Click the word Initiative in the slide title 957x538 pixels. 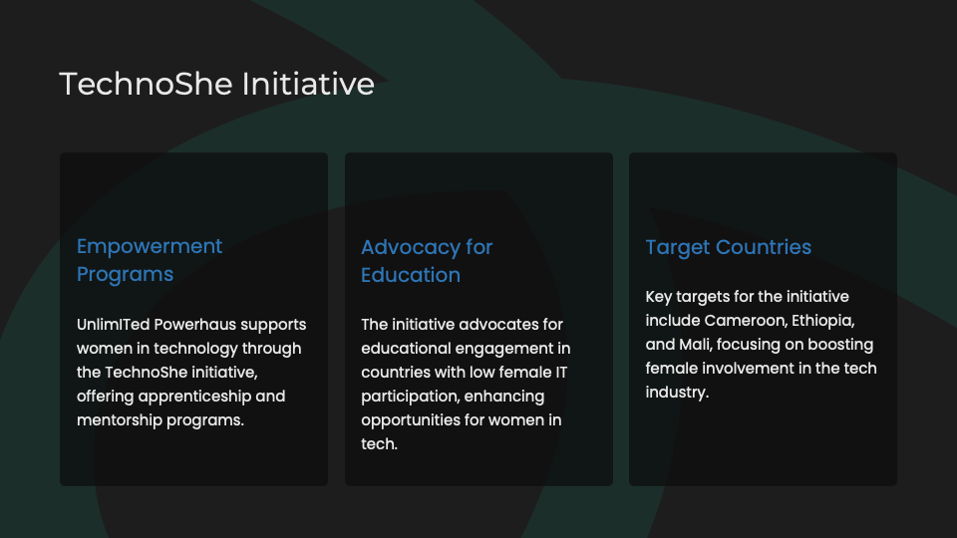click(x=308, y=84)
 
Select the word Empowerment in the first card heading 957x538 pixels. click(x=150, y=247)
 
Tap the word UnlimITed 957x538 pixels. click(x=113, y=325)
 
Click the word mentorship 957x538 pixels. click(x=119, y=420)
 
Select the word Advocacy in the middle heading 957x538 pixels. click(x=411, y=248)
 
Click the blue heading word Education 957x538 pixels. click(x=411, y=275)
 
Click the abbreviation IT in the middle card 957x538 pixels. click(x=561, y=372)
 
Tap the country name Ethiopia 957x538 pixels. click(x=823, y=321)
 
